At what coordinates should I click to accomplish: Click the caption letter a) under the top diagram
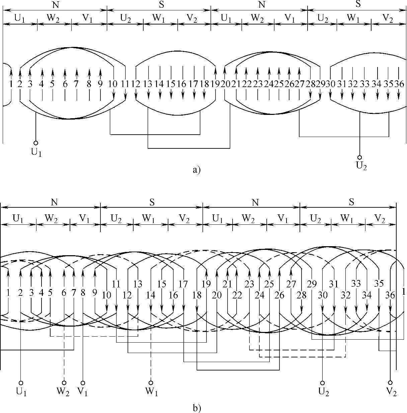196,170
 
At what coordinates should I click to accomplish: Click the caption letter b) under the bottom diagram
197,408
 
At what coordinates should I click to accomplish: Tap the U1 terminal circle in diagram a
36,143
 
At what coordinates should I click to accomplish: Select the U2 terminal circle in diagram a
360,157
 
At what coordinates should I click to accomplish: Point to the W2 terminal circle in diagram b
64,383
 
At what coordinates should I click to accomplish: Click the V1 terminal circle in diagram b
83,383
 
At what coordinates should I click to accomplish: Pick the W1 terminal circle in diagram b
151,383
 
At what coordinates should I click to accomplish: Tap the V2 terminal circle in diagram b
390,383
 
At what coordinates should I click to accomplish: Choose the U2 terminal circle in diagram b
323,383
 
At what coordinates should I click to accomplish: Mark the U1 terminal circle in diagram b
21,383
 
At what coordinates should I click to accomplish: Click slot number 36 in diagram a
399,84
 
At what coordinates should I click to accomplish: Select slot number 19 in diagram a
215,84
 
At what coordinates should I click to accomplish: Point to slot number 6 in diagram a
65,84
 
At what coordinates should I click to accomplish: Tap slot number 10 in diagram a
113,84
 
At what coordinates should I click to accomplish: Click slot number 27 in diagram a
299,84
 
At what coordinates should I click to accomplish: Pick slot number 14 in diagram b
151,295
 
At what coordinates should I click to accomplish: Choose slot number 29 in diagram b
312,284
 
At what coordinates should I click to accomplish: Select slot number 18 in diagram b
197,295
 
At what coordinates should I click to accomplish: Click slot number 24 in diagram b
260,295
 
